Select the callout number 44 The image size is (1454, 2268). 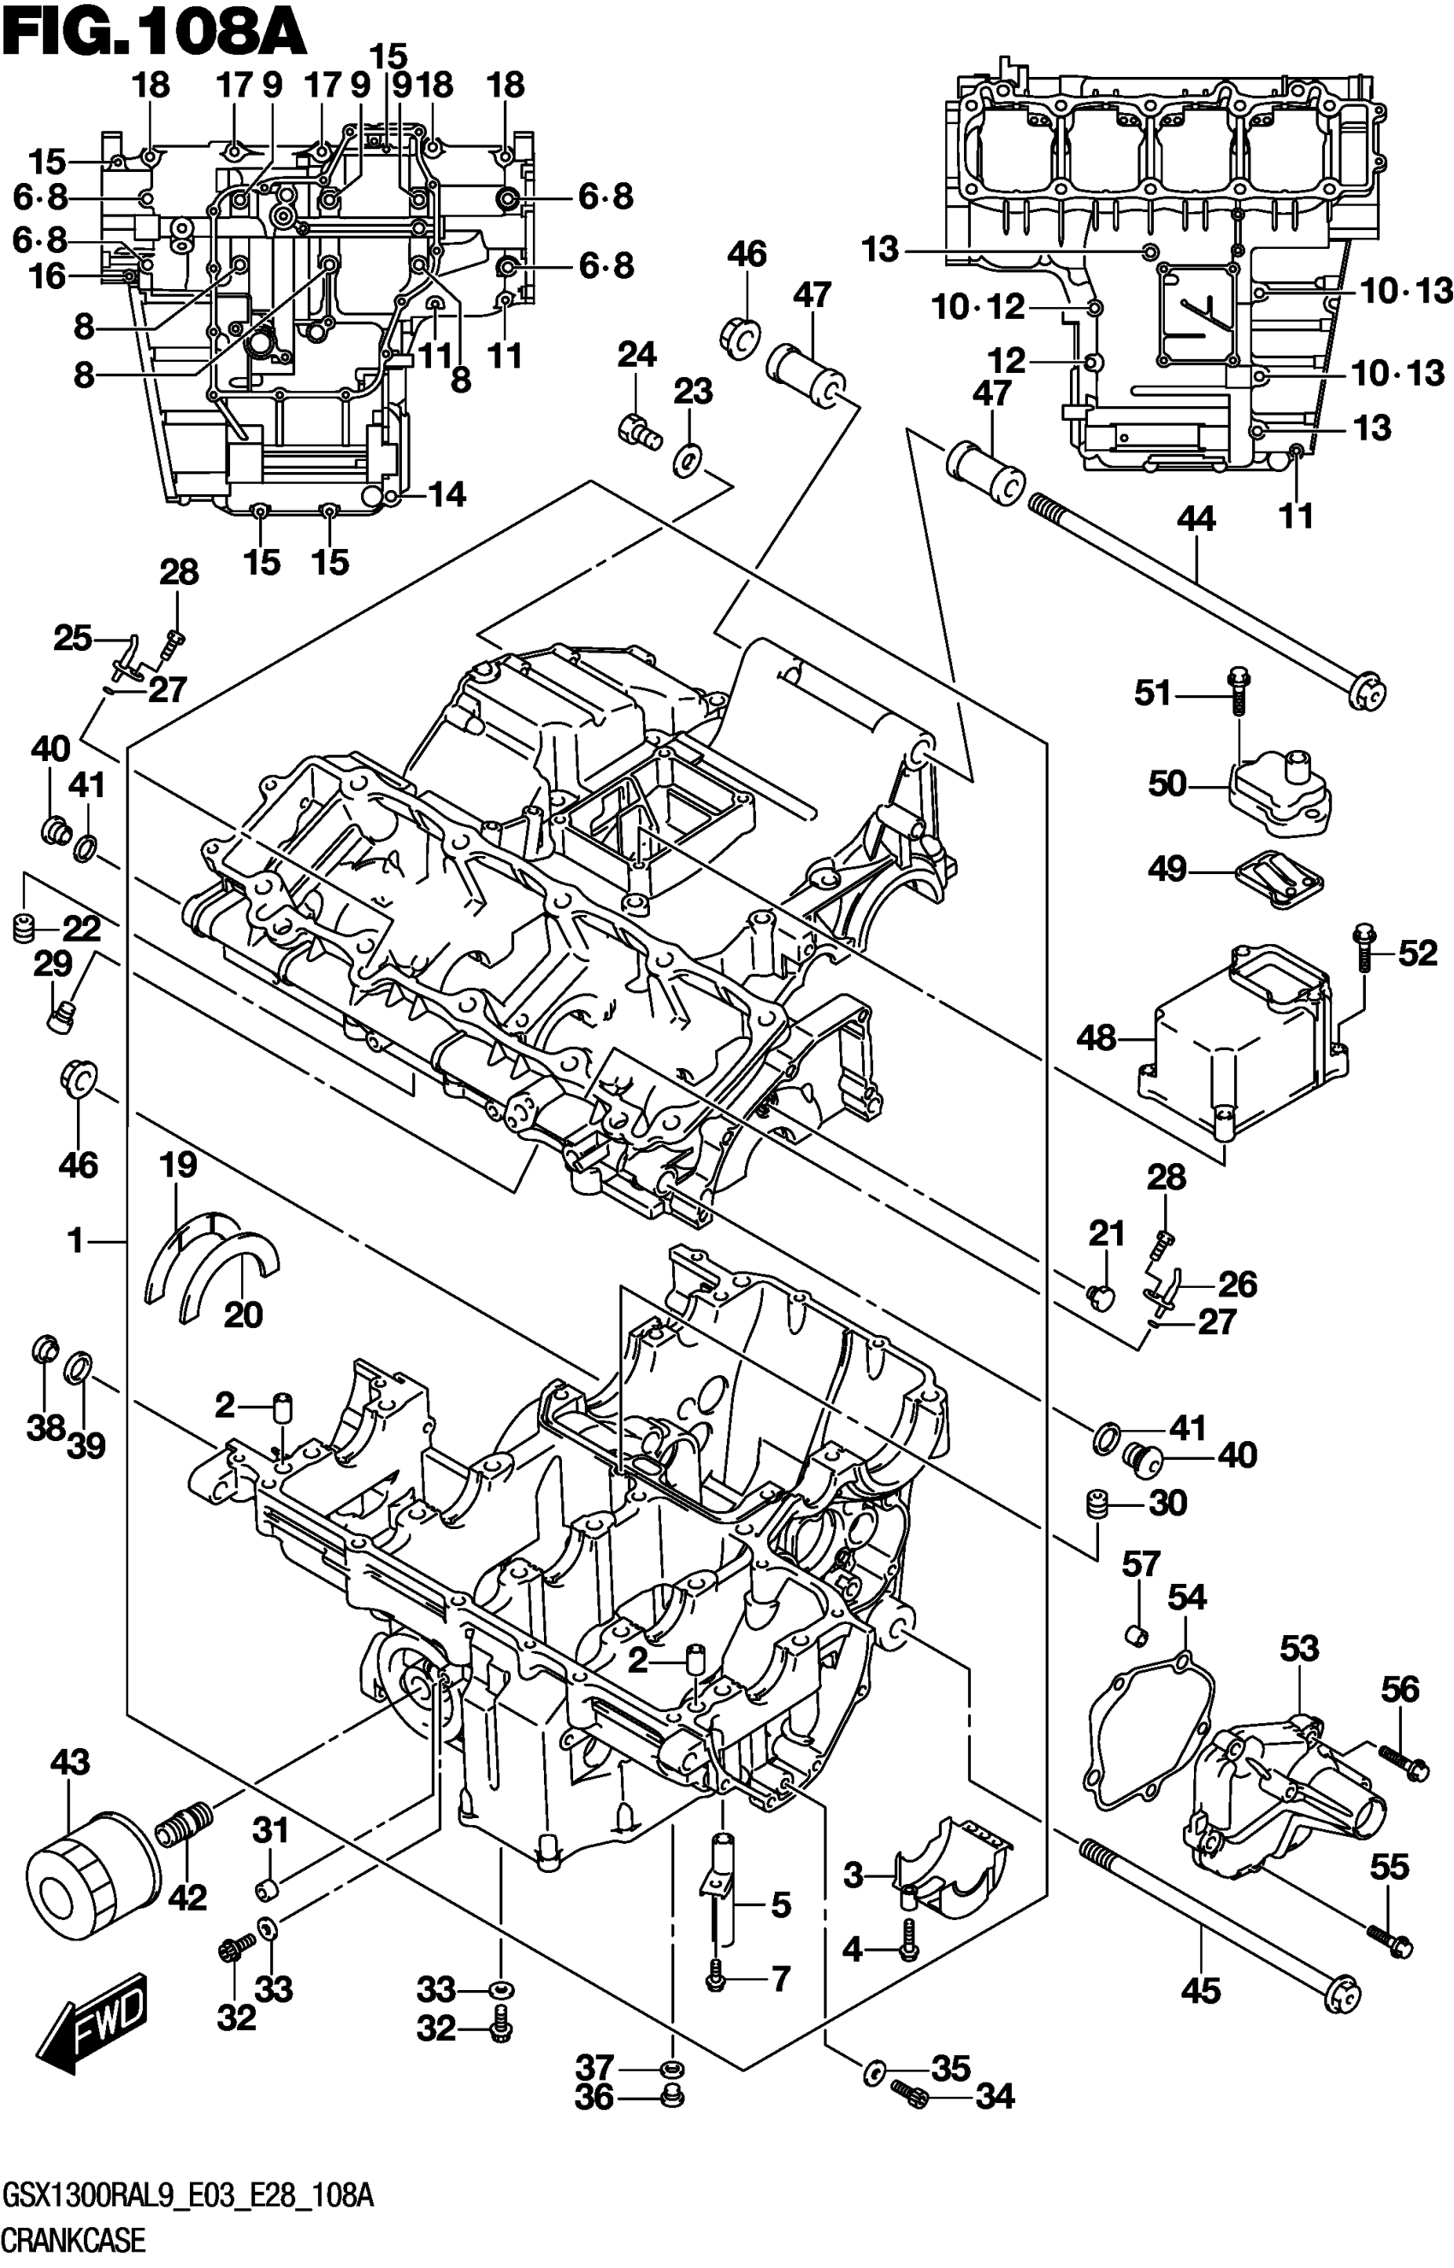coord(1197,519)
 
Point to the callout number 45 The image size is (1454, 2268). coord(1201,1992)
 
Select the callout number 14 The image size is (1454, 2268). coord(446,493)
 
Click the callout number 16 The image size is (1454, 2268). coord(47,276)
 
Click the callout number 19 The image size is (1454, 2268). coord(178,1165)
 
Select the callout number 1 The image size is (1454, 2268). coord(76,1241)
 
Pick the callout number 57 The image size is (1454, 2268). coord(1141,1565)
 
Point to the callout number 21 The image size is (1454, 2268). coord(1107,1232)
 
